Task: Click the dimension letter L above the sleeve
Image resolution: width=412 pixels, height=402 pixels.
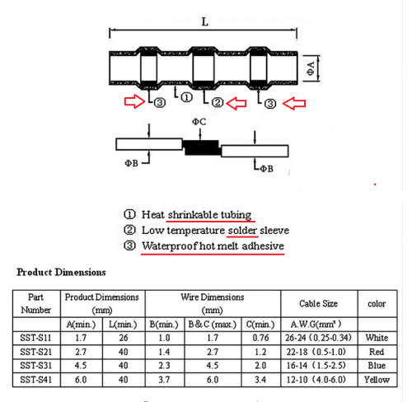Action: [x=205, y=21]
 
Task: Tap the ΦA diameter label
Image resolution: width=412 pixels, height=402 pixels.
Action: [x=311, y=68]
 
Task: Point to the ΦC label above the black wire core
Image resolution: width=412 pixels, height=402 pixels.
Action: [x=199, y=122]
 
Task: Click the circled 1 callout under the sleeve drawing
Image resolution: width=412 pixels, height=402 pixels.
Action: [x=187, y=97]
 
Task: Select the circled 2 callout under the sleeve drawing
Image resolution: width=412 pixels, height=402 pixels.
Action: [x=218, y=102]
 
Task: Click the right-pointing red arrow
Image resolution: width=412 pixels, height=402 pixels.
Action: [x=134, y=101]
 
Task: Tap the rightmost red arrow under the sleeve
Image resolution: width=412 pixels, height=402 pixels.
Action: [x=294, y=104]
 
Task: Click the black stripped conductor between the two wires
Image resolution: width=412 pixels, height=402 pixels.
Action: [x=202, y=147]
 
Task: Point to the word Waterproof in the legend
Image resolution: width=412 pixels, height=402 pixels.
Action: [x=170, y=246]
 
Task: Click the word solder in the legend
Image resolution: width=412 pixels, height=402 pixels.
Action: [x=242, y=231]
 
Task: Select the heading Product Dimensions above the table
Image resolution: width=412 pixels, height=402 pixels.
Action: [x=61, y=272]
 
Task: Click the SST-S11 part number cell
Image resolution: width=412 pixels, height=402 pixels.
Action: [x=35, y=338]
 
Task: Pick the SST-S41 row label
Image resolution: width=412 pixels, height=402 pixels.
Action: [x=35, y=380]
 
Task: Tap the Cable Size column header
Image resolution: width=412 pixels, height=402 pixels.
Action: [x=318, y=303]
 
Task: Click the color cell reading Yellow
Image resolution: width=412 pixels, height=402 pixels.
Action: [x=377, y=380]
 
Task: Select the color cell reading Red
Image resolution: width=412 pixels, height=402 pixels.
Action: [x=377, y=352]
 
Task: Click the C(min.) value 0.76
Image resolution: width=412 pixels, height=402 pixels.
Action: [x=260, y=338]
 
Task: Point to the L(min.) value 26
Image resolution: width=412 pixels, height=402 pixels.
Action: [x=124, y=338]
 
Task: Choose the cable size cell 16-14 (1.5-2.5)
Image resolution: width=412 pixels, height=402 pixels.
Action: [x=316, y=366]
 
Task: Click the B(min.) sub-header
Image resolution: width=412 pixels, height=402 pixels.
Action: [x=164, y=325]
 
